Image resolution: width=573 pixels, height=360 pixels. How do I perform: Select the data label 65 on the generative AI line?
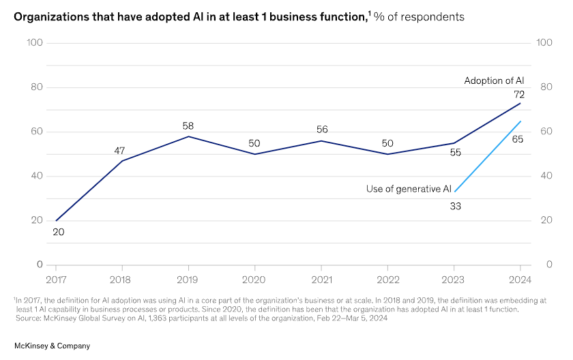(517, 138)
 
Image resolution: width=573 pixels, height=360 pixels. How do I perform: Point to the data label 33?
(456, 206)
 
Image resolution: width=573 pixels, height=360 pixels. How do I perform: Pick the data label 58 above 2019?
(189, 125)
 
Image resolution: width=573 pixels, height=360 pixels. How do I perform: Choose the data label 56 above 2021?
(323, 130)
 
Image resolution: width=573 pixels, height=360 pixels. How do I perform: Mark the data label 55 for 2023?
(456, 153)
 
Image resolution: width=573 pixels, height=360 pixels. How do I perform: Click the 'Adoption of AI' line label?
(494, 80)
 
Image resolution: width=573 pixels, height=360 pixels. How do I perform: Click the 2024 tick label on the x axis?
(521, 279)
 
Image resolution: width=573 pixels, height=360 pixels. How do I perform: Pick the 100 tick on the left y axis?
(35, 43)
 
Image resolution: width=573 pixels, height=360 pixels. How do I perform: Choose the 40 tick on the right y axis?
(544, 176)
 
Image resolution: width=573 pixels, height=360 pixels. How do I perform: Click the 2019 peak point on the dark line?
(189, 136)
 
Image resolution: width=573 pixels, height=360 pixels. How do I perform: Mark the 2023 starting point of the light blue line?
(455, 192)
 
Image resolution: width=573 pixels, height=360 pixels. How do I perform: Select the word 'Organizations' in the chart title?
(53, 16)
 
